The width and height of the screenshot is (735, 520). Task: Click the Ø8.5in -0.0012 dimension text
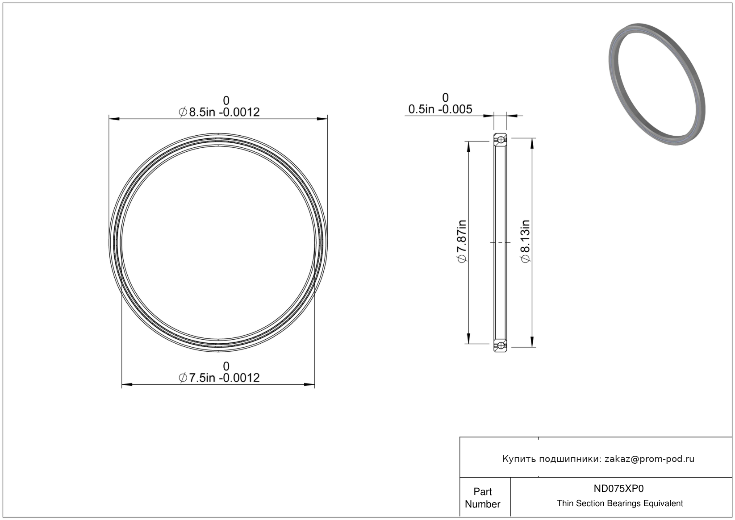[x=219, y=112]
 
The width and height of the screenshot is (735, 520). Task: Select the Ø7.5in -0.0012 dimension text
[x=219, y=378]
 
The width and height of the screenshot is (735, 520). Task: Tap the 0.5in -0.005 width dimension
[x=440, y=109]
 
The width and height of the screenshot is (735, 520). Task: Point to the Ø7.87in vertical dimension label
[x=462, y=241]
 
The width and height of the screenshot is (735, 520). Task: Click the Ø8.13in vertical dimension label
[x=525, y=241]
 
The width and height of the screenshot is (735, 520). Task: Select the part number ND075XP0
[x=618, y=488]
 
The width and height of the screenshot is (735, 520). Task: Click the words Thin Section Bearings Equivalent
[x=620, y=503]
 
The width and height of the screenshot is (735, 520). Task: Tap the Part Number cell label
[x=482, y=498]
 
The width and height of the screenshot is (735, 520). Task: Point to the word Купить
[x=519, y=459]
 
